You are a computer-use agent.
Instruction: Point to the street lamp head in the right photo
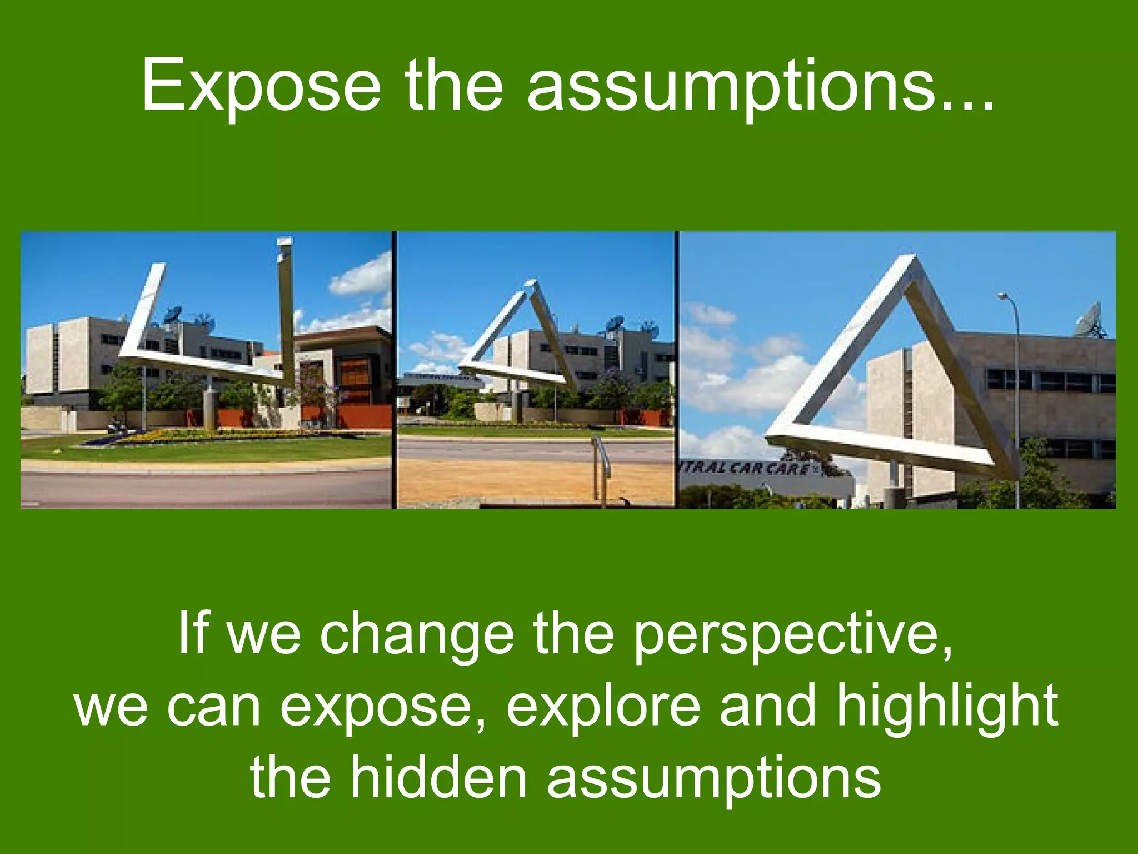[1004, 296]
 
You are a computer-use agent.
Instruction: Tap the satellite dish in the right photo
[1089, 321]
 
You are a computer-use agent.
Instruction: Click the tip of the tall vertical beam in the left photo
[285, 240]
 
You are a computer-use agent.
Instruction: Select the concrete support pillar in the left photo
[210, 409]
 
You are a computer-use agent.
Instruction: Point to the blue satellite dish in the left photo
[174, 315]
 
